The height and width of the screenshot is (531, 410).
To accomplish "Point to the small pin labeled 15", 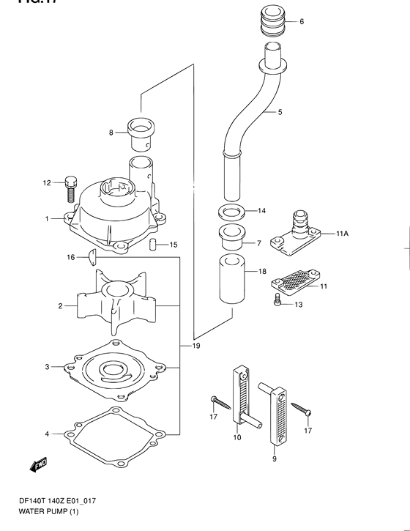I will [x=153, y=244].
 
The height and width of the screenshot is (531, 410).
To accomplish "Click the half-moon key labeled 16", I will [x=92, y=256].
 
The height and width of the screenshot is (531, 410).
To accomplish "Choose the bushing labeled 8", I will [x=140, y=133].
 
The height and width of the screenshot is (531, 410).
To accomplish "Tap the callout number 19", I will [x=196, y=345].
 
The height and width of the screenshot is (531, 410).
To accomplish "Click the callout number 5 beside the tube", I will [x=280, y=113].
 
